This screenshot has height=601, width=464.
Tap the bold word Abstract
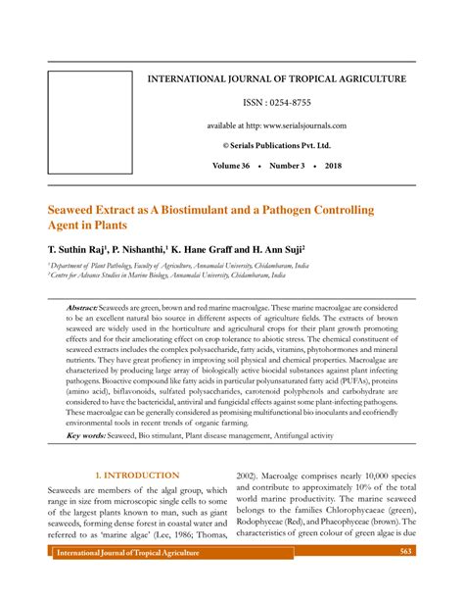coord(83,307)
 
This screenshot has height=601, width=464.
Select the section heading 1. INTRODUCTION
coord(138,476)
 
